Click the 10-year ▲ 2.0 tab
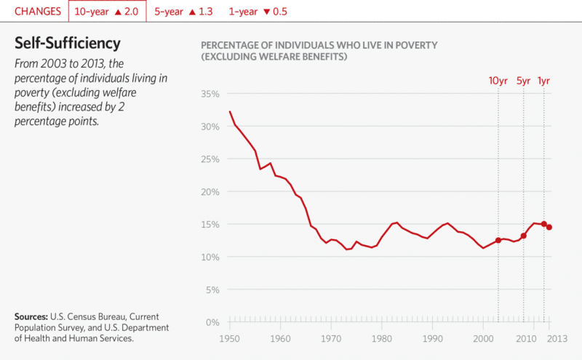tap(107, 12)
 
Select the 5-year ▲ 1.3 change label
tap(183, 12)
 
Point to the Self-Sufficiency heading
tap(68, 43)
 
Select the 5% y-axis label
tap(211, 289)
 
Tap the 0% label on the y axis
tap(211, 322)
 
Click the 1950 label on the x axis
tap(230, 339)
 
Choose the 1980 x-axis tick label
tap(382, 339)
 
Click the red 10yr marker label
tap(498, 81)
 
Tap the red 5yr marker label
tap(524, 81)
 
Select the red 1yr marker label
tap(543, 81)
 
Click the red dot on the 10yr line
tap(498, 241)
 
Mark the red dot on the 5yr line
tap(524, 236)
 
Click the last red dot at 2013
tap(549, 228)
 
